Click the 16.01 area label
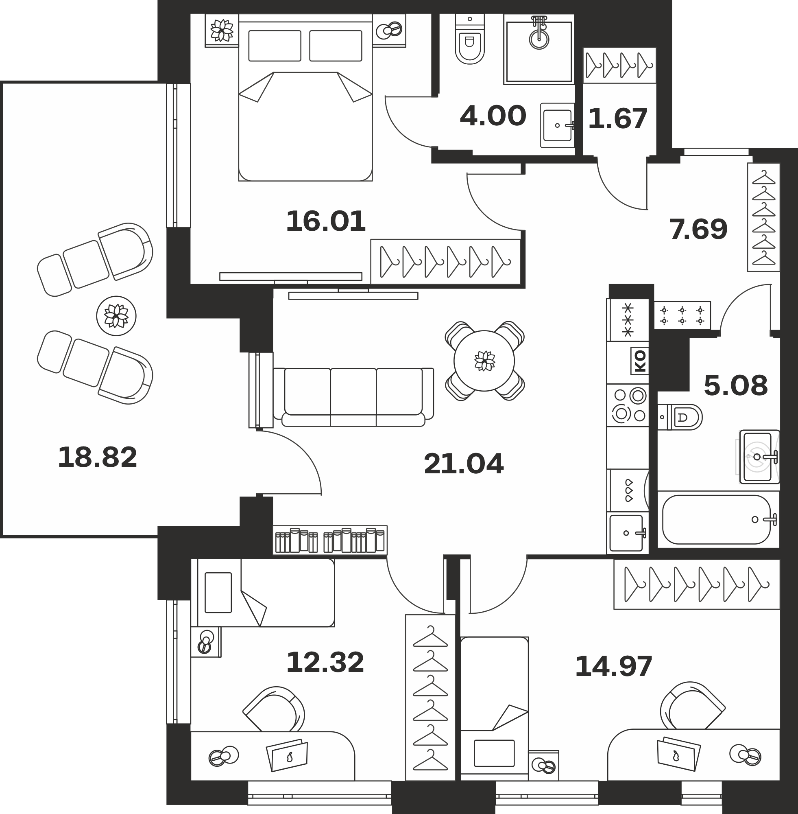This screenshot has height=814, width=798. click(326, 221)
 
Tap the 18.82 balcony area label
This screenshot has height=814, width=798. click(97, 457)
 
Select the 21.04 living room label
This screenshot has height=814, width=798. click(464, 464)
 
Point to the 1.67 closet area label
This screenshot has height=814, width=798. click(618, 119)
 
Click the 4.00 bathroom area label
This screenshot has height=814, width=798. click(493, 116)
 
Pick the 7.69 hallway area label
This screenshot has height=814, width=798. click(699, 230)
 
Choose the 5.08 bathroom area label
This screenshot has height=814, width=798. click(735, 385)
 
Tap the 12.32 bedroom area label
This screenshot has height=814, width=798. click(325, 662)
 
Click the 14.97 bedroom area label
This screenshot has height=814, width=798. click(614, 666)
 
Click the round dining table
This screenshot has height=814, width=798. click(484, 361)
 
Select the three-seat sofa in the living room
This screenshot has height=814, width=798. click(353, 397)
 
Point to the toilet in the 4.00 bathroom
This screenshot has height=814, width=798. click(469, 40)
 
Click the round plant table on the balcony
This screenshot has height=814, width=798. click(116, 316)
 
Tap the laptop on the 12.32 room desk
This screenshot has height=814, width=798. click(287, 755)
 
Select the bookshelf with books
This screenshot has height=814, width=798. click(330, 540)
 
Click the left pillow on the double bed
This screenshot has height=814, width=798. click(275, 46)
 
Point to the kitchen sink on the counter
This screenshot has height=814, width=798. click(627, 533)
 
